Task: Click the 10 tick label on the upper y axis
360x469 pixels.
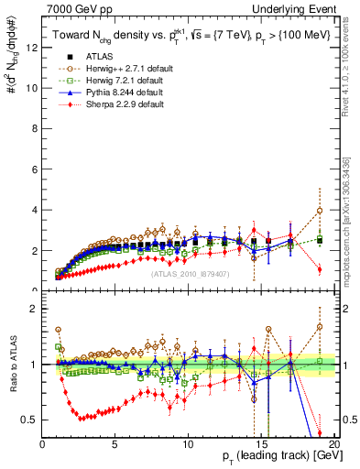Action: coord(33,88)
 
